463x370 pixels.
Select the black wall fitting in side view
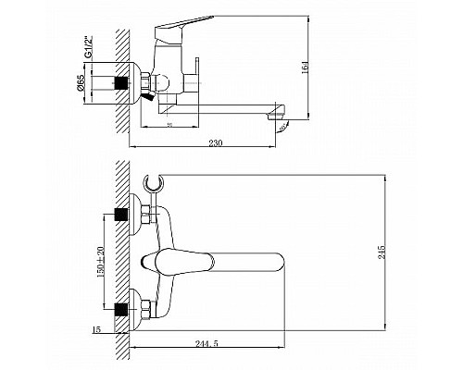pos(119,80)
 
